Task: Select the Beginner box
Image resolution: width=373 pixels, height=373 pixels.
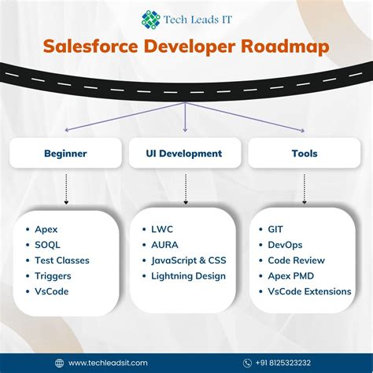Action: point(65,153)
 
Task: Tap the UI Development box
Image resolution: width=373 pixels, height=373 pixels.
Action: point(184,153)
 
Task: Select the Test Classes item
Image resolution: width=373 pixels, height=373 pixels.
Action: point(62,260)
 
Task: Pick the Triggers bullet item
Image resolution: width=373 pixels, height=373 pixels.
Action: point(54,275)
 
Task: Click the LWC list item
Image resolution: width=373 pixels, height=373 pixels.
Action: point(163,229)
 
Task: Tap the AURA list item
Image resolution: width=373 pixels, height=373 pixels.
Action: point(166,245)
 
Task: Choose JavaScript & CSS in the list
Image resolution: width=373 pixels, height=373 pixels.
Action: point(189,260)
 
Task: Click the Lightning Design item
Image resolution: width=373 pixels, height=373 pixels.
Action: point(189,275)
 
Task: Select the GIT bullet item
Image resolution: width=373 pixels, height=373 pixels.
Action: point(275,229)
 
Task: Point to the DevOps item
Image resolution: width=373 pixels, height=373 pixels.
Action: point(286,245)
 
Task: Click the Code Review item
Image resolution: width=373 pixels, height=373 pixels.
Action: point(296,260)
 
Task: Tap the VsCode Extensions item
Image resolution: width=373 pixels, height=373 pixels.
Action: point(309,291)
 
